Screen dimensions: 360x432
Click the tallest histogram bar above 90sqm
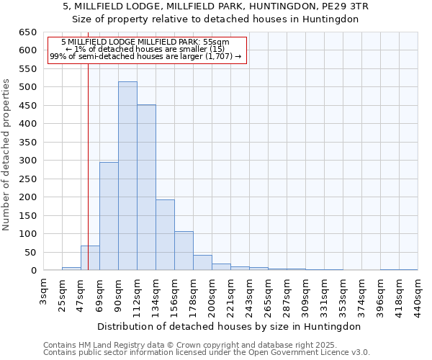pos(127,176)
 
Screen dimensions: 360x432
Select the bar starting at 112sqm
pos(146,188)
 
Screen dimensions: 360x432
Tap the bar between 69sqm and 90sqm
pos(109,216)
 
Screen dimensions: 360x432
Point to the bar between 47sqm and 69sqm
pos(90,258)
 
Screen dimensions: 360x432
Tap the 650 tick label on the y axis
pos(27,32)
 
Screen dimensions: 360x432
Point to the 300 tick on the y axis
pos(27,161)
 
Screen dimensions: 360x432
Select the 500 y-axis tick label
pos(27,87)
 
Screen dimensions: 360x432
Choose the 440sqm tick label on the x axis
pos(418,294)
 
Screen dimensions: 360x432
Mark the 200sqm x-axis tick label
pos(212,294)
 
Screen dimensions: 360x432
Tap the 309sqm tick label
pos(305,294)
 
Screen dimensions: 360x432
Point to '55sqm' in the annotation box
pos(215,42)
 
